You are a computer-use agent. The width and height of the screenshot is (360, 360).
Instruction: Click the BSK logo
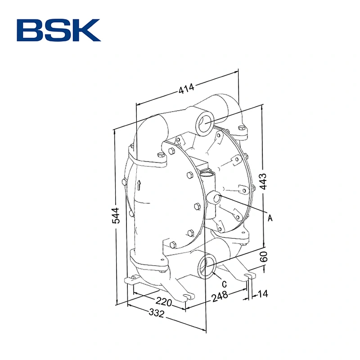[x=58, y=30]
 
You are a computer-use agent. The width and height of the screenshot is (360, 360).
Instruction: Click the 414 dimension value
[x=186, y=88]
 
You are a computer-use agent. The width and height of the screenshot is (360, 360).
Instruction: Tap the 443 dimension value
[x=263, y=181]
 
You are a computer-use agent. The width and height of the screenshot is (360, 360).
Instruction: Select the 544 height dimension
[x=116, y=216]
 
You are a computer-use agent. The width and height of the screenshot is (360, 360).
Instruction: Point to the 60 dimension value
[x=264, y=256]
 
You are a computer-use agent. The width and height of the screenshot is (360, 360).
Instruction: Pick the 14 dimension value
[x=263, y=294]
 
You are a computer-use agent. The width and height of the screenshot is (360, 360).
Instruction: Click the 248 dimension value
[x=220, y=297]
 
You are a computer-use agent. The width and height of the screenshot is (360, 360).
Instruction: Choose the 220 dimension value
[x=164, y=301]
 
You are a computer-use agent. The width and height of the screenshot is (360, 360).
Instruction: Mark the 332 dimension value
[x=157, y=313]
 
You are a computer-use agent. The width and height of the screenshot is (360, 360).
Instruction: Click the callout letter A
[x=270, y=218]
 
